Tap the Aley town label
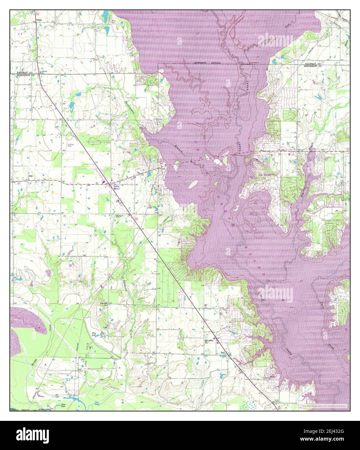31,176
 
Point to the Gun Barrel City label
268,174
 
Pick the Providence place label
210,341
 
